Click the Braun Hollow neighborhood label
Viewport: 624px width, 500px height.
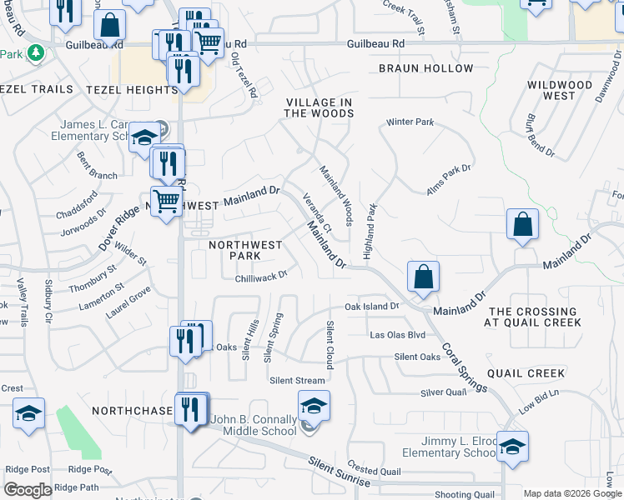click(425, 68)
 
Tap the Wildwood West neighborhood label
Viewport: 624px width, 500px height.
click(560, 90)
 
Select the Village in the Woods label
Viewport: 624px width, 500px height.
click(320, 107)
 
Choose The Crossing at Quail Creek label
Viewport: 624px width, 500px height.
click(533, 317)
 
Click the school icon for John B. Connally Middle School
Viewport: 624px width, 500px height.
click(314, 406)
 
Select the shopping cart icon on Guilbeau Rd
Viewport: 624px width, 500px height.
click(209, 41)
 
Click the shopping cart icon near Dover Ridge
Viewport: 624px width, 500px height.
click(167, 201)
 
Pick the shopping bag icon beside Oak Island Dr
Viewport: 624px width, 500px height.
click(423, 276)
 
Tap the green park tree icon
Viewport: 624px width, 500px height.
click(35, 53)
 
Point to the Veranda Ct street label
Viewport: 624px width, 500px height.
click(317, 212)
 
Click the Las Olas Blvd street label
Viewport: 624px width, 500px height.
click(398, 335)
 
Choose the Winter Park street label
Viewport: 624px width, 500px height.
click(410, 122)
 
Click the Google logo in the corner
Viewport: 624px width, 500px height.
click(28, 490)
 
